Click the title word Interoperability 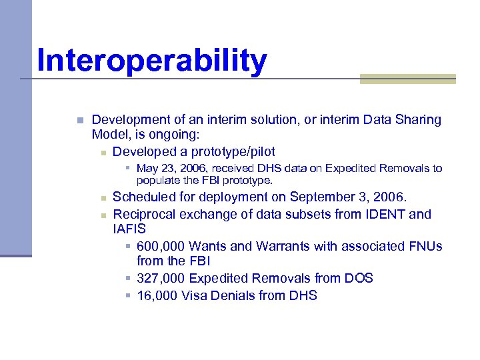coord(152,61)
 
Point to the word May coord(147,169)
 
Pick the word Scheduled coord(145,197)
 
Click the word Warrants coord(282,247)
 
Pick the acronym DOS coord(359,279)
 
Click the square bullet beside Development coord(79,121)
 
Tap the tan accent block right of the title coord(407,79)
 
